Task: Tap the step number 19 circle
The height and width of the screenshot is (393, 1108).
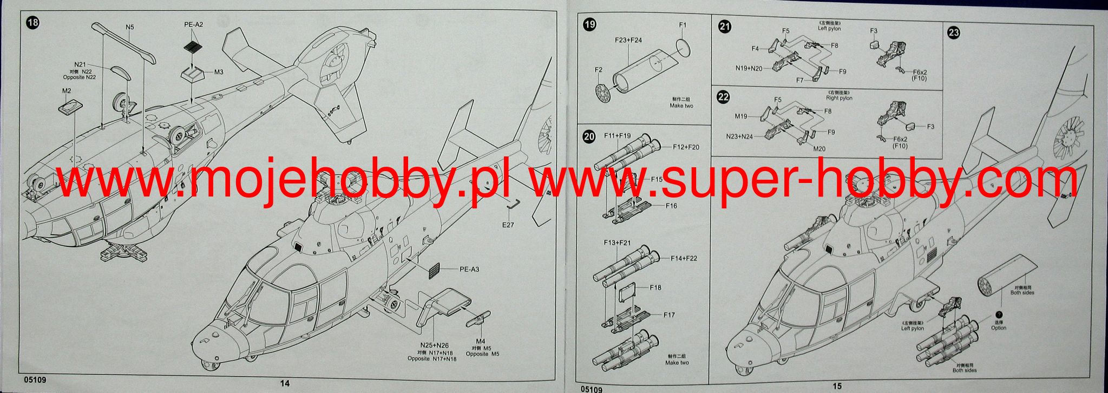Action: tap(590, 24)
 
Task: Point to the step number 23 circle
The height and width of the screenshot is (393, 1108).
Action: tap(954, 33)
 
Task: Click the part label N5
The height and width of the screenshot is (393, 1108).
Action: tap(130, 27)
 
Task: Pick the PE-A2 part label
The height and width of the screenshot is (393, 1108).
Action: tap(193, 24)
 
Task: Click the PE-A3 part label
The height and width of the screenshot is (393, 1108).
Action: tap(469, 269)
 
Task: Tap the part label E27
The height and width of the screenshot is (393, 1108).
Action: tap(508, 225)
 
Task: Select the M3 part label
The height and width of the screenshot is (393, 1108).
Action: tap(219, 72)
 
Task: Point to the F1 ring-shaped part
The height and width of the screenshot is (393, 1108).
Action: tap(683, 48)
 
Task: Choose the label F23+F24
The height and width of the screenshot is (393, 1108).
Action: tap(628, 40)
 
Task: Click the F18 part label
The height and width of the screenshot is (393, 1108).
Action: tap(655, 287)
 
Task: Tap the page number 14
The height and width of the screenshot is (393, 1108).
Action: tap(285, 383)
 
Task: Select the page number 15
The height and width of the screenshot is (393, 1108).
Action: tap(837, 386)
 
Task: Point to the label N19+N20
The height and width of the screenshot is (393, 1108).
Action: tap(749, 68)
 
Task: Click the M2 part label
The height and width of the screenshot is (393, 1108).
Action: tap(67, 91)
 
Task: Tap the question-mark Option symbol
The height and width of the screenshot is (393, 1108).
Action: tap(999, 314)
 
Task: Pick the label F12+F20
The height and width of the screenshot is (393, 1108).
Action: tap(686, 147)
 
